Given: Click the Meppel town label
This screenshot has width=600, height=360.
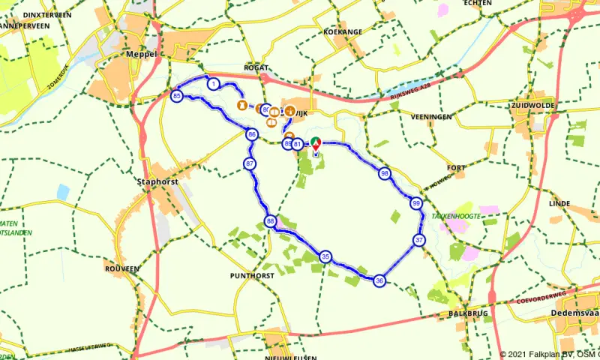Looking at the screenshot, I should pos(141,55).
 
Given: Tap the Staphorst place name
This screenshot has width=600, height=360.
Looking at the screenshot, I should pos(154,181).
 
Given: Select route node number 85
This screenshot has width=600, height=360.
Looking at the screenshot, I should pos(176,96).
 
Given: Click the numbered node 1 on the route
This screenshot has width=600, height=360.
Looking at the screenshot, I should pos(214,84).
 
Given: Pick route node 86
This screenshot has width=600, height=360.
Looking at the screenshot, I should pos(251,134).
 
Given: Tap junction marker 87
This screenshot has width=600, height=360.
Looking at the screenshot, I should pos(250,163).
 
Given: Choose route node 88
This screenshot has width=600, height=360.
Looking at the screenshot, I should pos(270,220).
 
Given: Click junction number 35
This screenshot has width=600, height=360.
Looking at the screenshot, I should pos(325,256).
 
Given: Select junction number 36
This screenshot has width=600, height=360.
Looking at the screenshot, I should pos(379,280).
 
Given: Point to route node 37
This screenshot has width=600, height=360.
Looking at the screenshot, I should pos(419,240).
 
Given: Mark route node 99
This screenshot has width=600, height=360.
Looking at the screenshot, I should pos(415,203).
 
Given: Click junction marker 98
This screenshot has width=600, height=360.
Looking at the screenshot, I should pos(384,173).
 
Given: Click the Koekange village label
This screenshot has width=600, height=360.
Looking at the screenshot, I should pos(343,32).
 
